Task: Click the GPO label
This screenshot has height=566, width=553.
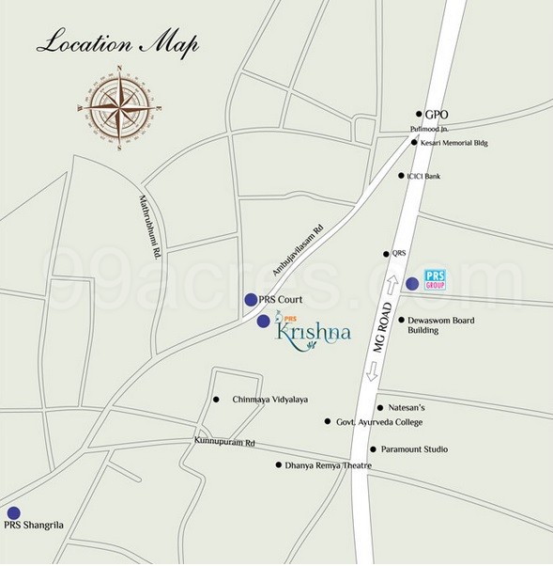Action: point(437,115)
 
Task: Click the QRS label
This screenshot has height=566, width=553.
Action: point(399,253)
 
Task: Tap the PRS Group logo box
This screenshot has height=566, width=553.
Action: point(433,279)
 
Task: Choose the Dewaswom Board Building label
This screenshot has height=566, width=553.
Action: point(440,325)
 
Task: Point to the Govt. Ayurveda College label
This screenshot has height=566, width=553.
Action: point(379,423)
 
